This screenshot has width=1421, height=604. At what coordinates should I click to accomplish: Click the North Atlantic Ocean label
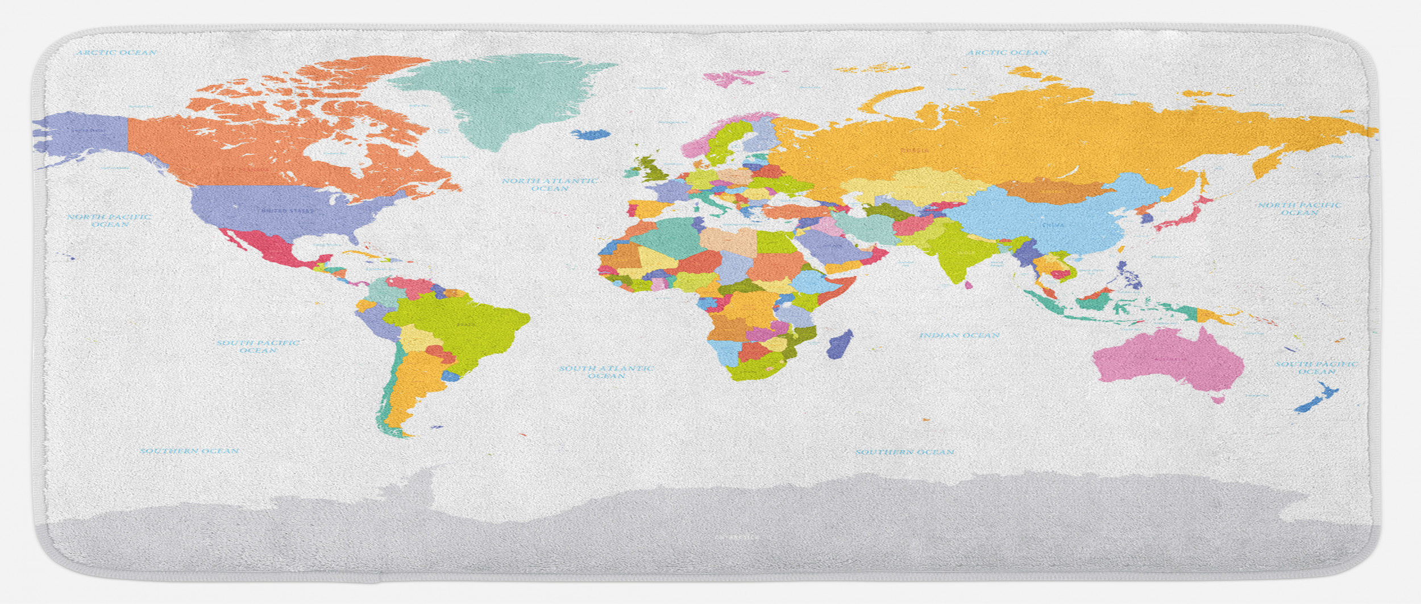(549, 185)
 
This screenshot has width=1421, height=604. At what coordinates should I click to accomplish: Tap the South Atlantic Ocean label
(606, 372)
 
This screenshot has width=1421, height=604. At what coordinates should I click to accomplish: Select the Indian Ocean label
(959, 335)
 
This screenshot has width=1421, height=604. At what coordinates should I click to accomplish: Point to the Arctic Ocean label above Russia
(1008, 52)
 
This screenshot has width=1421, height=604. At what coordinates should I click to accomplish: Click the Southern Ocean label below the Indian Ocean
(905, 452)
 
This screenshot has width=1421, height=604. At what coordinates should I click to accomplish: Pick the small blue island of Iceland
(591, 135)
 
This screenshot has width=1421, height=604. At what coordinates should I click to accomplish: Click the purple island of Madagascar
(840, 344)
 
